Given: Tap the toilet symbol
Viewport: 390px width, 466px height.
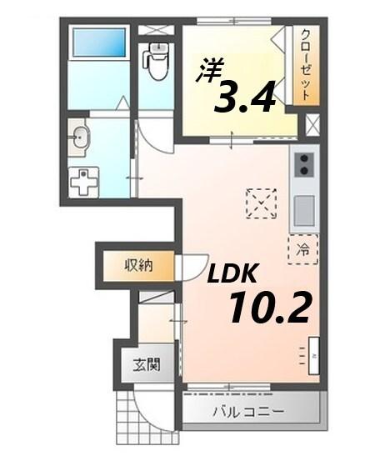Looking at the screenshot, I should click(156, 61).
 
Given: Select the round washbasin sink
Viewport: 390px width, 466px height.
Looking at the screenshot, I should click(81, 138).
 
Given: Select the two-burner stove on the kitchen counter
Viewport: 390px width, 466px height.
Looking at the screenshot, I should click(304, 164).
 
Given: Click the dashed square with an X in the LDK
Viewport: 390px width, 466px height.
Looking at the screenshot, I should click(262, 203).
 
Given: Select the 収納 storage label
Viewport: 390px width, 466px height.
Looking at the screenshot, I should click(138, 266).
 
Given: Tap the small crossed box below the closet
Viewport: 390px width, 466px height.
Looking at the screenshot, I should click(312, 126).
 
